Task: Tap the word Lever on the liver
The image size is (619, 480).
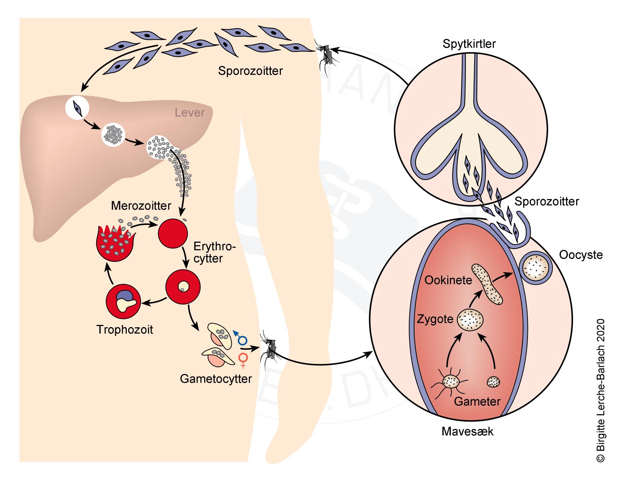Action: [x=189, y=113]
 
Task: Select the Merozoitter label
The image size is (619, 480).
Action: [x=141, y=206]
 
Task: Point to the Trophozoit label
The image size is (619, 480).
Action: [x=125, y=329]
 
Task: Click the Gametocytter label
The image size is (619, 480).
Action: [x=216, y=379]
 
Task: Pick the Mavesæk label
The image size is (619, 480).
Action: [x=467, y=431]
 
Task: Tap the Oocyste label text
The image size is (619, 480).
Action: [x=580, y=255]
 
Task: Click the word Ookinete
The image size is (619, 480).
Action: [x=448, y=280]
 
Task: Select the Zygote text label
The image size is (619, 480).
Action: [x=435, y=319]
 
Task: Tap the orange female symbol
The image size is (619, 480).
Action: [x=244, y=360]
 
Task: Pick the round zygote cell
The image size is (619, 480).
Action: [x=470, y=319]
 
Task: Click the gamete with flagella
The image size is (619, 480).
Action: [x=451, y=382]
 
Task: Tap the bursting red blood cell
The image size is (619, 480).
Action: [x=114, y=244]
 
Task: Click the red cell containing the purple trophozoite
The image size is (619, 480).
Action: [x=123, y=301]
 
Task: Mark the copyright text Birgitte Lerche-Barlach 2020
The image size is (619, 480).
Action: [x=600, y=389]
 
